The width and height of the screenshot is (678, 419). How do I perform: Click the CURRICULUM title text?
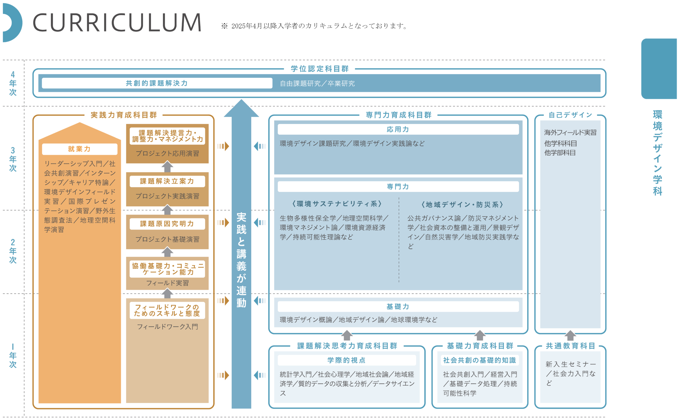pos(117,23)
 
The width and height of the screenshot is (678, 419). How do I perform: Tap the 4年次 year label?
pos(13,83)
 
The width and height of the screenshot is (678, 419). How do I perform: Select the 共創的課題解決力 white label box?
pos(157,83)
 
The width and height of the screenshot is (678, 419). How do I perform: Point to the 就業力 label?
pos(79,149)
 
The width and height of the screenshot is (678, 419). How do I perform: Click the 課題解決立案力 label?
pos(167,181)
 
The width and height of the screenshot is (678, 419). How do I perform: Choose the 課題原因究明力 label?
pos(167,224)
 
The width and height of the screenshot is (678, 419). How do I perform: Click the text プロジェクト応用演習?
pos(167,153)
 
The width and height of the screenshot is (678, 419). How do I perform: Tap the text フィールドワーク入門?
pos(167,327)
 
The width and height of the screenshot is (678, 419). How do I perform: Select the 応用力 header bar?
pos(398,129)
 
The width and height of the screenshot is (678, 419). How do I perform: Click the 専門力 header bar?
pos(398,187)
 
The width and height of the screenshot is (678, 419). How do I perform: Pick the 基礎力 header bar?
pos(398,307)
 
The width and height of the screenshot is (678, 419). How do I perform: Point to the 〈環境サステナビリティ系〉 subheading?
pos(337,204)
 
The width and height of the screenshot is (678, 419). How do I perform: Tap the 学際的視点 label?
pos(347,360)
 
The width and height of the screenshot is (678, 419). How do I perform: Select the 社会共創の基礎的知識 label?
pos(480,360)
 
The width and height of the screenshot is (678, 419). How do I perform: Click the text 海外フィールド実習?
pos(570,133)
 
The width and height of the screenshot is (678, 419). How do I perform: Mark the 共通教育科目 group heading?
pos(570,346)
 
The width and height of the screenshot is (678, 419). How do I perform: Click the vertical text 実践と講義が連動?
pos(241,260)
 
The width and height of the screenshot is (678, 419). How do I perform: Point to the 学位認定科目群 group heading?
pos(320,69)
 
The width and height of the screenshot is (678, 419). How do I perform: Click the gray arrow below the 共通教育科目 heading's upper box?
pos(570,335)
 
